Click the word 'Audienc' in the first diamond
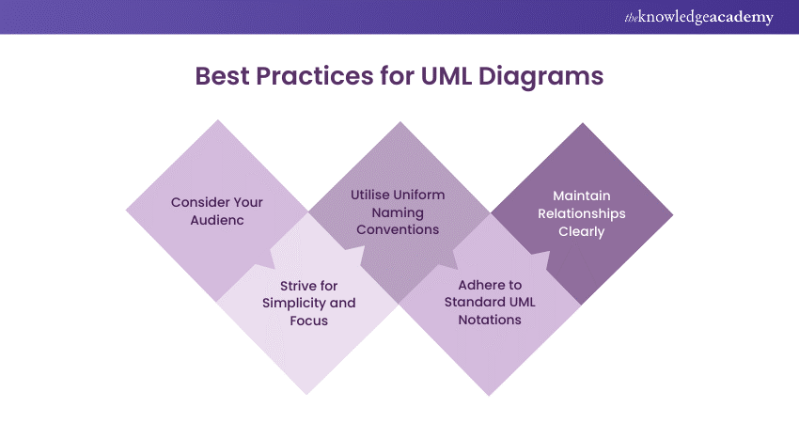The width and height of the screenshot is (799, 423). (217, 220)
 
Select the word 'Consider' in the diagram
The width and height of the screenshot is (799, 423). (193, 202)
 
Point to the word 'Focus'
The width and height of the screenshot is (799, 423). (308, 321)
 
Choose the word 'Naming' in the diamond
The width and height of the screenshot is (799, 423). (398, 212)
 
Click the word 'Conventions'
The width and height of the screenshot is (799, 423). (398, 230)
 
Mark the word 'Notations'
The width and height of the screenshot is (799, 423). (490, 321)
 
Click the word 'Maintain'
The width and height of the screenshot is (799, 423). (581, 196)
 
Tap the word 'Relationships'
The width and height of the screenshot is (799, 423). (581, 213)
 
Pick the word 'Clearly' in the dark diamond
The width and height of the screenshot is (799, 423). (581, 231)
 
